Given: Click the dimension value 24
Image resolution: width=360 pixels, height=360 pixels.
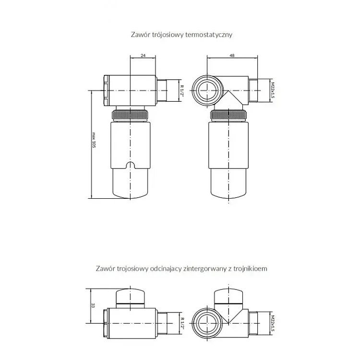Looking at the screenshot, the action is tap(143, 55).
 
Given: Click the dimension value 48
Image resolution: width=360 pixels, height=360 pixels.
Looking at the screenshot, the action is tap(232, 55).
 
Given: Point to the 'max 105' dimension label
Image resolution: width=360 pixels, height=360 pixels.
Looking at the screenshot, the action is tap(94, 140).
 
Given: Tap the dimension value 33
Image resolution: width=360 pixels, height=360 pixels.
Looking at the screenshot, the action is tap(93, 305).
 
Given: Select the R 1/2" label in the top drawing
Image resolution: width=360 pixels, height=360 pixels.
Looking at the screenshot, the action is tap(182, 91).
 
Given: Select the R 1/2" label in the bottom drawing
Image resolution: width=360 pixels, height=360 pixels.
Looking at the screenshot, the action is tap(182, 323).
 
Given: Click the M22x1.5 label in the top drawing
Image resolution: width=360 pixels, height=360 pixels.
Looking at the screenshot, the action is tap(273, 90).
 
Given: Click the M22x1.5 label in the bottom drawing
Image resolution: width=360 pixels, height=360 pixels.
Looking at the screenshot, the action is tap(273, 323).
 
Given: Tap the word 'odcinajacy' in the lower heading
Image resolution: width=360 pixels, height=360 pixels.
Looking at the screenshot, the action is tap(166, 269).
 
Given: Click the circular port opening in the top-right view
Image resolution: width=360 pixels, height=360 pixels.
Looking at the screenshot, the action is tap(207, 90).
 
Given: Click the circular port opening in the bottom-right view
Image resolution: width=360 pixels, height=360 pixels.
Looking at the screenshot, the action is tap(207, 324).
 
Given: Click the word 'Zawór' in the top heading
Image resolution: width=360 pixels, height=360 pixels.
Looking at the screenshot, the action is tap(138, 35).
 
